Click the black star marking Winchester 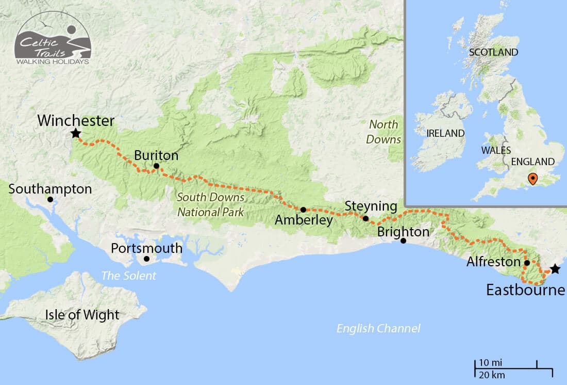[76, 134]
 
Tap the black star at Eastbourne [555, 269]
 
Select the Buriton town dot [156, 166]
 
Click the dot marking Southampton [50, 199]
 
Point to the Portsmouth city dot [147, 259]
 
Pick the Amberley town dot [303, 210]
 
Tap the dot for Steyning [365, 218]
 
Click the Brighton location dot [404, 241]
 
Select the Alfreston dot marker [527, 263]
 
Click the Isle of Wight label [82, 315]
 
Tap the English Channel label [378, 328]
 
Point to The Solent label [128, 276]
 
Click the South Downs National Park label [210, 204]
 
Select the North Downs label [383, 132]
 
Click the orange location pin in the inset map [533, 179]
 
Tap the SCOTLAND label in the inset [493, 52]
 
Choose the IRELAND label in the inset [445, 133]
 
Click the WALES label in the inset [495, 150]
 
